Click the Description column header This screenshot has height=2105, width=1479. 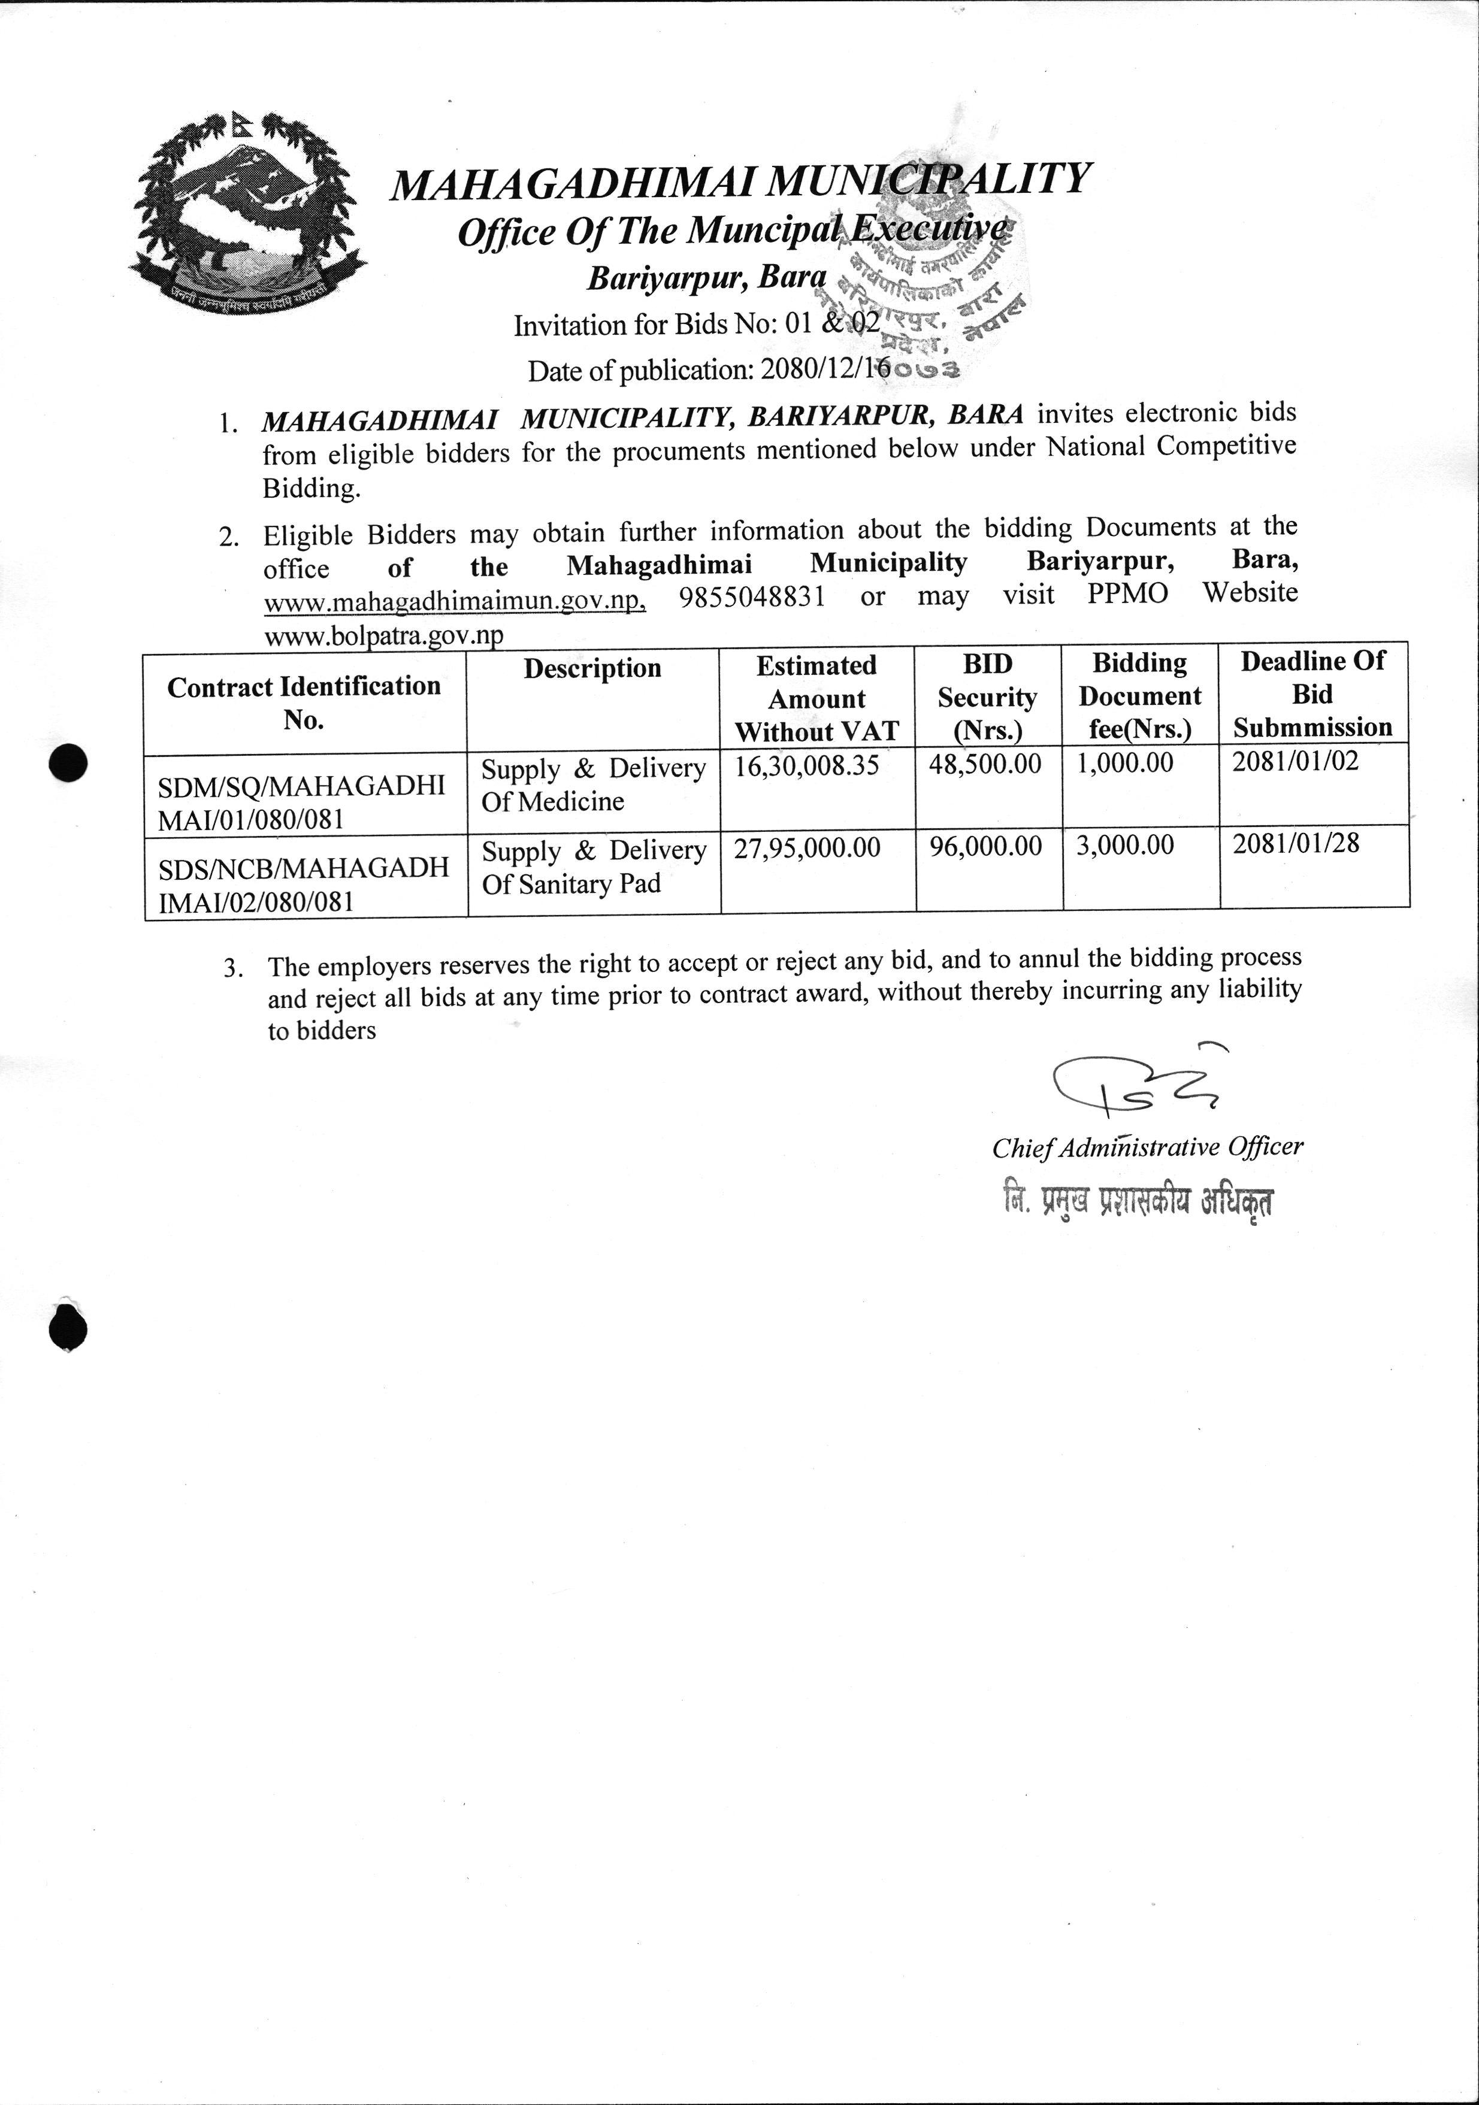(592, 668)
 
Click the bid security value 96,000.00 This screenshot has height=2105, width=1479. (985, 846)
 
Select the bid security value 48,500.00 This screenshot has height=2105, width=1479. (985, 764)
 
